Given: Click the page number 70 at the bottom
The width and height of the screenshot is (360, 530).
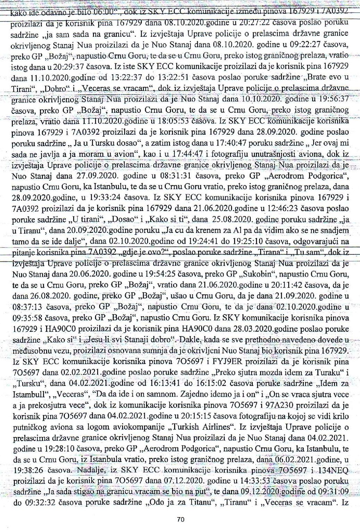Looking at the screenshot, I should (x=180, y=520).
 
